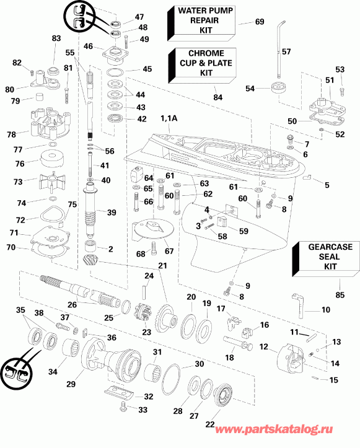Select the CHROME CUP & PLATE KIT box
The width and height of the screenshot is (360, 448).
tap(202, 63)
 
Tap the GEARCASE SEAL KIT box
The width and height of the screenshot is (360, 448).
tap(322, 256)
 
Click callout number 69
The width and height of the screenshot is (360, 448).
tap(260, 22)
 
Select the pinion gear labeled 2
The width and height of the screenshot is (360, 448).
tap(90, 252)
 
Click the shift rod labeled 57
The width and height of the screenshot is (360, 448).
tap(283, 38)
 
